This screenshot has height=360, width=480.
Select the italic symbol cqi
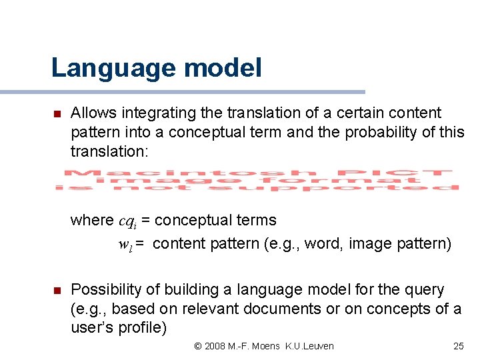[x=129, y=221]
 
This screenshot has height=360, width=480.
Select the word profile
[x=142, y=328]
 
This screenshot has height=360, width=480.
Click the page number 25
[x=458, y=346]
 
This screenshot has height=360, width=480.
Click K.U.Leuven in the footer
[x=309, y=346]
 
